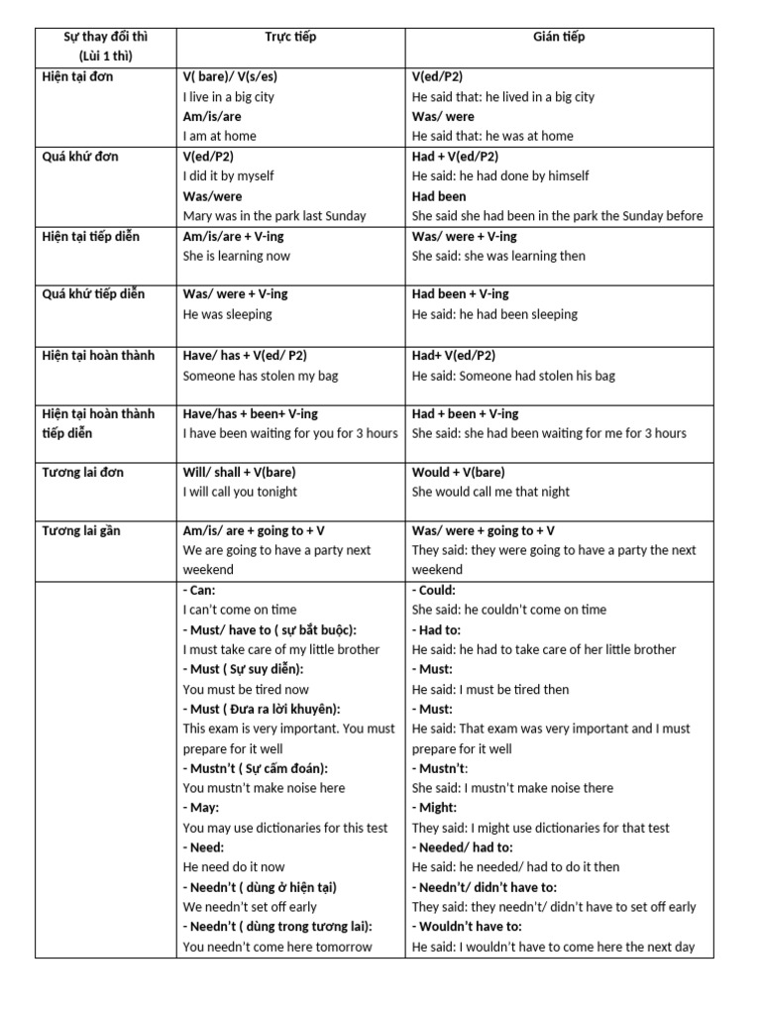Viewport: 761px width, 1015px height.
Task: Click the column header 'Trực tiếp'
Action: [289, 37]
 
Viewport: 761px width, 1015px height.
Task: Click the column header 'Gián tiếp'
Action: [559, 37]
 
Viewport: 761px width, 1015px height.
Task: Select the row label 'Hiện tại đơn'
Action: [85, 76]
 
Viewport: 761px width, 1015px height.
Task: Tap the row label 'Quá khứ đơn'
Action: [84, 156]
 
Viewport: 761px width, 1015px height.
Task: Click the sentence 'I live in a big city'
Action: [229, 96]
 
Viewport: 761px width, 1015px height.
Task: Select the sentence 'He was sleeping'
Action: [227, 314]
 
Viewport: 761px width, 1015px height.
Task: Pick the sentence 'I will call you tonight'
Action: [240, 492]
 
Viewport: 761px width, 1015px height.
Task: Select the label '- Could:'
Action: [434, 590]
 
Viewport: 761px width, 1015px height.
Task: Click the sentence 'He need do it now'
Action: [234, 867]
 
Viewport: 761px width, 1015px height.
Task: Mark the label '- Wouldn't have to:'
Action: [467, 927]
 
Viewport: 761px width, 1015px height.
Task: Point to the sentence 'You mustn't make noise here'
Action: [265, 788]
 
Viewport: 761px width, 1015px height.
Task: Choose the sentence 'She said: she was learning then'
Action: [498, 256]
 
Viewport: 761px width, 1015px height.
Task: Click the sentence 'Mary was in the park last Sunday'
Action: [274, 215]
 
